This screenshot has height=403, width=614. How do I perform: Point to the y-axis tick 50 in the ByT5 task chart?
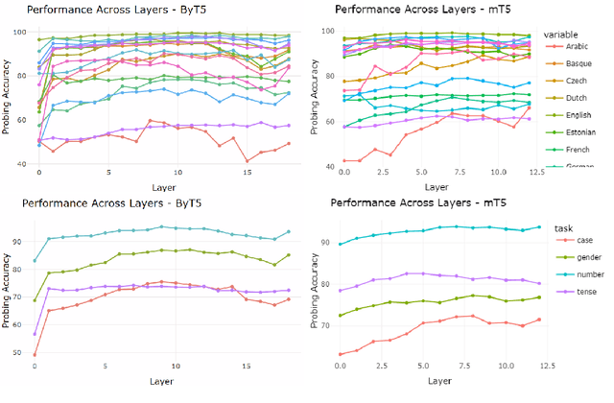27,353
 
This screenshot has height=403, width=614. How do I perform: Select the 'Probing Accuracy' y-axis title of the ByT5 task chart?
9,293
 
